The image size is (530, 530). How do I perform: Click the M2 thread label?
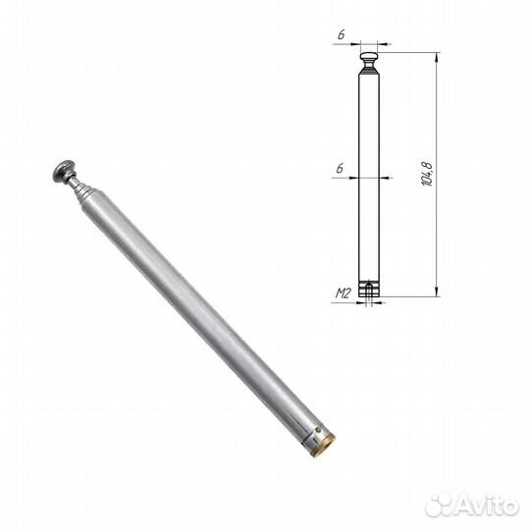click(x=344, y=292)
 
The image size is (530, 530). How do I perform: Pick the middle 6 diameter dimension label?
click(x=340, y=169)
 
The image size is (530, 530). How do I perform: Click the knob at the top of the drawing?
click(x=369, y=57)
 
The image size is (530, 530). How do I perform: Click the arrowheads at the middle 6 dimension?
click(x=369, y=178)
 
